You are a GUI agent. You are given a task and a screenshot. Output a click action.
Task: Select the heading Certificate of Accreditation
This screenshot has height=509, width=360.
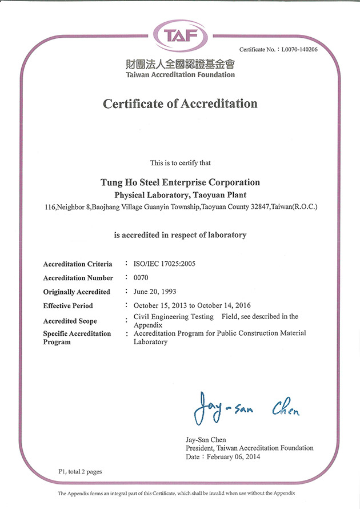pos(180,104)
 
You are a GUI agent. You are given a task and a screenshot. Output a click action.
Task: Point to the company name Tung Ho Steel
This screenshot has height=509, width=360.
pos(180,182)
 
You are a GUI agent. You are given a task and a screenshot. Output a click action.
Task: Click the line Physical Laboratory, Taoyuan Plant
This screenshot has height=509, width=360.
pos(180,194)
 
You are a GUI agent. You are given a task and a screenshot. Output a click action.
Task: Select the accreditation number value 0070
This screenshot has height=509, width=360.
pos(141,278)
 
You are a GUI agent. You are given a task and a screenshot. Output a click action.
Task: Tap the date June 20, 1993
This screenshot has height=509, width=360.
pos(154,292)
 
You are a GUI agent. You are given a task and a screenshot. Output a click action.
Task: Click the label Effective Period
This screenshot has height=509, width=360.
pos(68,306)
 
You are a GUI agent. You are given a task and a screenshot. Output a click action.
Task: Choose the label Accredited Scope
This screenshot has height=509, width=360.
pos(70,321)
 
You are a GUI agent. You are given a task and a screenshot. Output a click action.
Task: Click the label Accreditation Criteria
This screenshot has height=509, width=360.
pos(78,264)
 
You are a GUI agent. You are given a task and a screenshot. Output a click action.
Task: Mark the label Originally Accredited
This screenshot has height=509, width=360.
pos(77,292)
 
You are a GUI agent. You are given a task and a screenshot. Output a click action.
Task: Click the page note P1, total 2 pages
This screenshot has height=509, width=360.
pos(80,471)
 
